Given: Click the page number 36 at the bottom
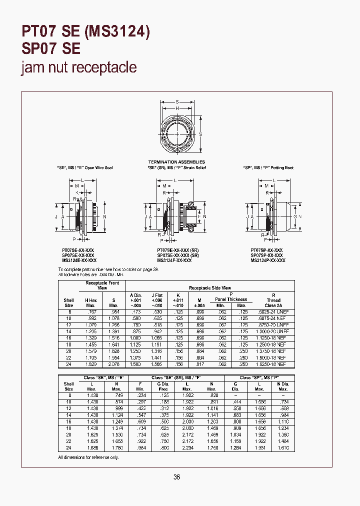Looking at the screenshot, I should coord(176,477).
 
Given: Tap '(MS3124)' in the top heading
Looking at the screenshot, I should coord(117,32).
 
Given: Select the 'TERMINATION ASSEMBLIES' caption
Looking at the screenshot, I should coord(176,162).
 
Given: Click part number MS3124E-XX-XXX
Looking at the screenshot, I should coord(79,260).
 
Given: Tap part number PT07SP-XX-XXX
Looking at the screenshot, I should coord(266,250).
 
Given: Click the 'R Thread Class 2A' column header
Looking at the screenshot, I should coord(273,300).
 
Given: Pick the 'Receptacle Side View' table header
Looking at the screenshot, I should coord(209,288).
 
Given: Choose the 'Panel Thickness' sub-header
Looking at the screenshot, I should coord(231,299).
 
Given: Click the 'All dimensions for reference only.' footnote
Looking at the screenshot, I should coord(89,457).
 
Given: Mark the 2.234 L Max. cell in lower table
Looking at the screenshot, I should coord(187,448).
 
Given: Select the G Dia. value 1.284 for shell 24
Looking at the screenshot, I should coord(235,448).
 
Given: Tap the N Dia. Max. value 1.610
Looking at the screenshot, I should coord(283,448).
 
